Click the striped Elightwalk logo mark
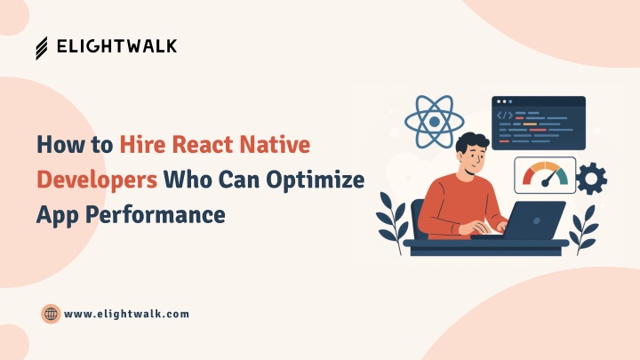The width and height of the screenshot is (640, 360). [x=42, y=48]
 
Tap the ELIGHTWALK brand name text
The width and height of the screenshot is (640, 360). [x=116, y=46]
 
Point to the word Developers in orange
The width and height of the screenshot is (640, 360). [x=97, y=180]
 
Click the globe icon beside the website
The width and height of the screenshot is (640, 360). [x=51, y=314]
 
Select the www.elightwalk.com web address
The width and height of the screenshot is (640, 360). [x=126, y=314]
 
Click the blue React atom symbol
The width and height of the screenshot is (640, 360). [x=435, y=122]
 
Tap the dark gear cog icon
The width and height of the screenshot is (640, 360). [x=591, y=179]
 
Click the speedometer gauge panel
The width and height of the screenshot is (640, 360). [x=545, y=175]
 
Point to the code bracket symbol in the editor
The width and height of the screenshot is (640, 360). [x=505, y=116]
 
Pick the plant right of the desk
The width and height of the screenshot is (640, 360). [x=584, y=230]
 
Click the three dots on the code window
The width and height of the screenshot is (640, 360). [x=505, y=101]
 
